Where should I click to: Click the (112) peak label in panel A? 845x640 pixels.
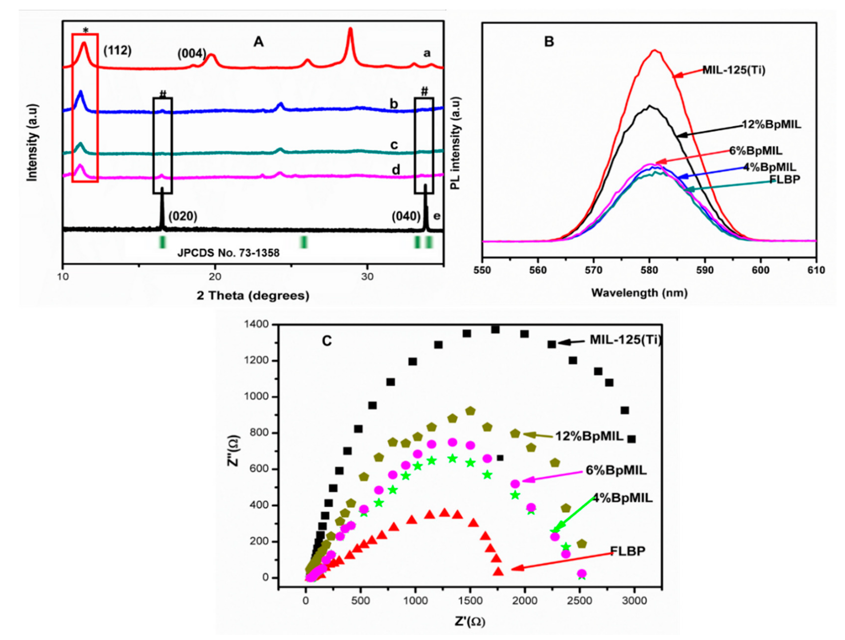pos(118,50)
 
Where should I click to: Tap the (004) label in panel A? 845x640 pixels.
pos(192,54)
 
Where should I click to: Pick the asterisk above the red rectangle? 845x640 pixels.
pos(85,30)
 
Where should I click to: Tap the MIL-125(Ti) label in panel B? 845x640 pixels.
pos(734,70)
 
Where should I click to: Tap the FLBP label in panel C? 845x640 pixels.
pos(628,551)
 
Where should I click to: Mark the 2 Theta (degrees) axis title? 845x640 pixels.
pos(253,296)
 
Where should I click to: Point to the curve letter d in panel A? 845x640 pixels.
pos(396,170)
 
